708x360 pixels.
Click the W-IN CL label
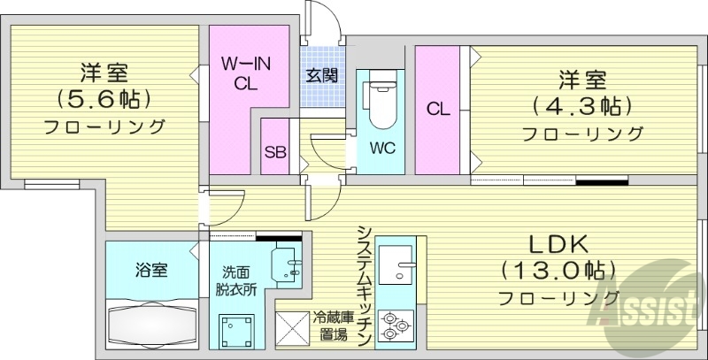[245, 74]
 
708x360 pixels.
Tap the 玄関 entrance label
[322, 75]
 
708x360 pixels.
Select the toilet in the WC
[381, 103]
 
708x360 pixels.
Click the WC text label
[381, 146]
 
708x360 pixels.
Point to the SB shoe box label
[275, 150]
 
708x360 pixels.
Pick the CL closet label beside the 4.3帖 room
[438, 110]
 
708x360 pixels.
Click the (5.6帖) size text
[101, 97]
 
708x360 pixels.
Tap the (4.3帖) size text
[581, 107]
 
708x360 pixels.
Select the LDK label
[558, 243]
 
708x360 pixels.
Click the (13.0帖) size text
[558, 269]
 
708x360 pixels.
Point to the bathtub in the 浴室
[150, 324]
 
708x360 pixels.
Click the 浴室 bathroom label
[150, 270]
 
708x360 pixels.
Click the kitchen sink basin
[399, 264]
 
